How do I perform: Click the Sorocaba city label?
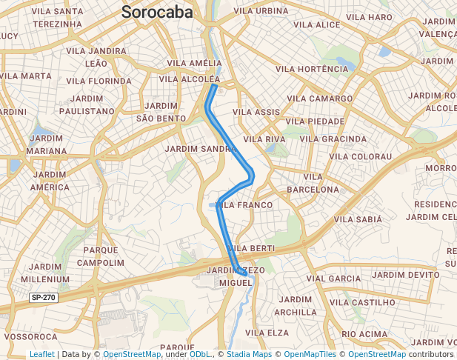tap(157, 13)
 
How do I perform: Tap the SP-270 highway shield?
tap(43, 297)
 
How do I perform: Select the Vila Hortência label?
tap(311, 69)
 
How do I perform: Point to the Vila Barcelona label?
tap(313, 183)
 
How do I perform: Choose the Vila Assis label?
tap(256, 112)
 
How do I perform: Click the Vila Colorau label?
tap(360, 156)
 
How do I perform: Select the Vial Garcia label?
tap(333, 278)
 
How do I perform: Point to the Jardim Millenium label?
tap(46, 273)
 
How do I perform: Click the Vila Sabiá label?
tap(358, 219)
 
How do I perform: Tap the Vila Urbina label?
tap(260, 11)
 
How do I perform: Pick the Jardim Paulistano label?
tap(90, 104)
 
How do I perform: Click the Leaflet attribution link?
tap(41, 354)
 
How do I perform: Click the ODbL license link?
tap(201, 354)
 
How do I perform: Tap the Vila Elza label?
tap(267, 333)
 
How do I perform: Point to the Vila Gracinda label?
tap(334, 139)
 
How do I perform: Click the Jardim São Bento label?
tap(161, 112)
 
